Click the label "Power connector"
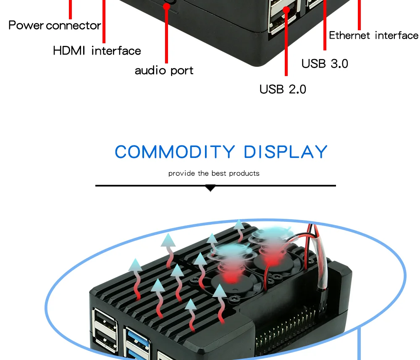(x=55, y=25)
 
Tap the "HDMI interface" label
(x=97, y=51)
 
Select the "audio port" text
(x=164, y=70)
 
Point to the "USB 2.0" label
(x=283, y=89)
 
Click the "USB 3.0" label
(x=325, y=63)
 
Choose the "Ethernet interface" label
(x=373, y=35)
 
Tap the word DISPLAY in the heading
(x=286, y=152)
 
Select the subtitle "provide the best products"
(x=214, y=173)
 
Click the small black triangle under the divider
(x=210, y=188)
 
